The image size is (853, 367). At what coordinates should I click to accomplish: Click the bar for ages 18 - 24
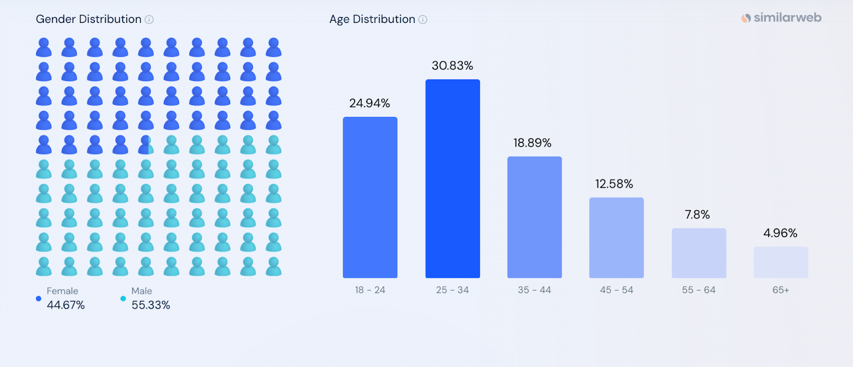pos(370,197)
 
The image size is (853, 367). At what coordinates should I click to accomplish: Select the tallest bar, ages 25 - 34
pos(453,179)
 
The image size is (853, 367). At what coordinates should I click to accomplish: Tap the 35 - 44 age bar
pos(534,217)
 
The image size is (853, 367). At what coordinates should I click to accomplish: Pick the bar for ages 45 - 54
pos(616,238)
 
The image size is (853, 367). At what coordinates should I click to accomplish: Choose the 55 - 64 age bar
pos(699,253)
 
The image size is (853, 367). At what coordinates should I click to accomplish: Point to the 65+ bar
pos(780,262)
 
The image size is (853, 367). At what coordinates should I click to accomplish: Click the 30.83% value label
pos(452,66)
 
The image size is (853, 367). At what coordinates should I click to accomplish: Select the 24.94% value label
pos(369,103)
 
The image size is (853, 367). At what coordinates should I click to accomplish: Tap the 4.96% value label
pos(780,233)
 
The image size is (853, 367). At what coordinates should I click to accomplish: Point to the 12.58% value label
pos(614,184)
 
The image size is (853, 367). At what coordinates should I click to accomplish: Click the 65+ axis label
pos(780,290)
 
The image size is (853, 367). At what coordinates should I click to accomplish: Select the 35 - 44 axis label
pos(534,290)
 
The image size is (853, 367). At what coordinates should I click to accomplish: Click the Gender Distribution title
pos(88,19)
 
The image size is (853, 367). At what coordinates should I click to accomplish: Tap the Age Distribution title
pos(372,19)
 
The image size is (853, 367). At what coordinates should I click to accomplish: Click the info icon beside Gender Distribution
pos(149,20)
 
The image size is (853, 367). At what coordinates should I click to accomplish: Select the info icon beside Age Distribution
pos(423,20)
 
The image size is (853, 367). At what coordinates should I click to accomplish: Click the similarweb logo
pos(781,18)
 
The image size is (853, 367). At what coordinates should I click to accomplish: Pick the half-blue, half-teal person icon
pos(146,145)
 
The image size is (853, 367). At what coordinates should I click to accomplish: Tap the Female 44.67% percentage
pos(66,305)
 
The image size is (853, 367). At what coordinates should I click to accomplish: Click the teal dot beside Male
pos(123,299)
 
